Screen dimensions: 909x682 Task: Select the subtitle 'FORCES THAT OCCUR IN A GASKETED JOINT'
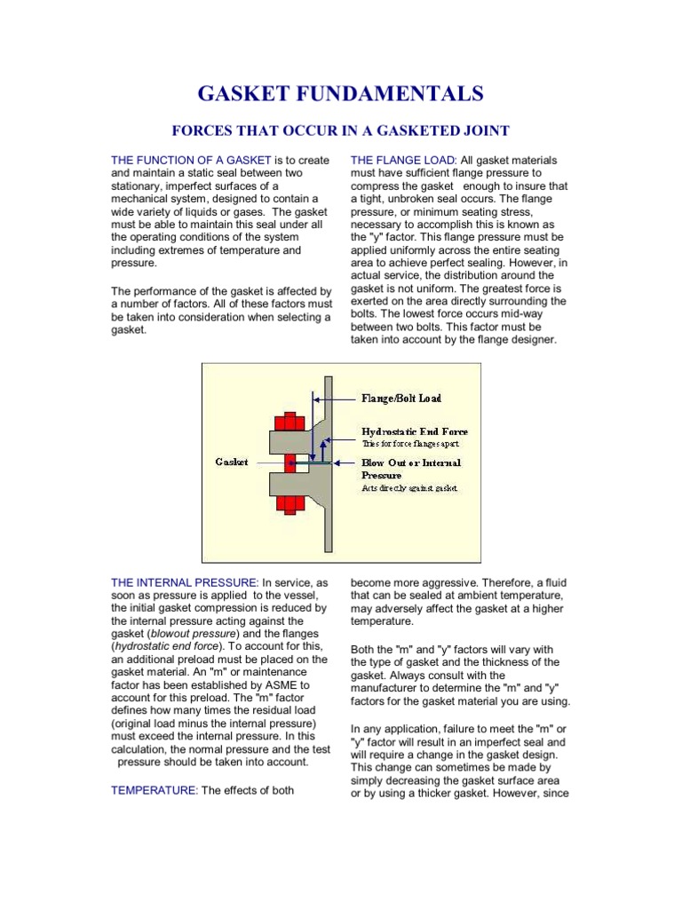(x=340, y=131)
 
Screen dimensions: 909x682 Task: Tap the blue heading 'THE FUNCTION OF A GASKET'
(x=191, y=160)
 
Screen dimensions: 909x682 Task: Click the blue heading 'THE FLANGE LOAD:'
(x=404, y=160)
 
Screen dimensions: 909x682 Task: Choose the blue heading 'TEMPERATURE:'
(x=155, y=791)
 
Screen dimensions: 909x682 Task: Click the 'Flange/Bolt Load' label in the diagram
(x=400, y=399)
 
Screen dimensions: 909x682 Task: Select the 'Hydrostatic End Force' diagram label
(x=411, y=430)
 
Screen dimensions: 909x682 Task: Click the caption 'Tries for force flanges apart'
(x=410, y=442)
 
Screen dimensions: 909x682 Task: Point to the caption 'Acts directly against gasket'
(x=408, y=488)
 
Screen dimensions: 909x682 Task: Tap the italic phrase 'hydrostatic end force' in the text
(x=165, y=648)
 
